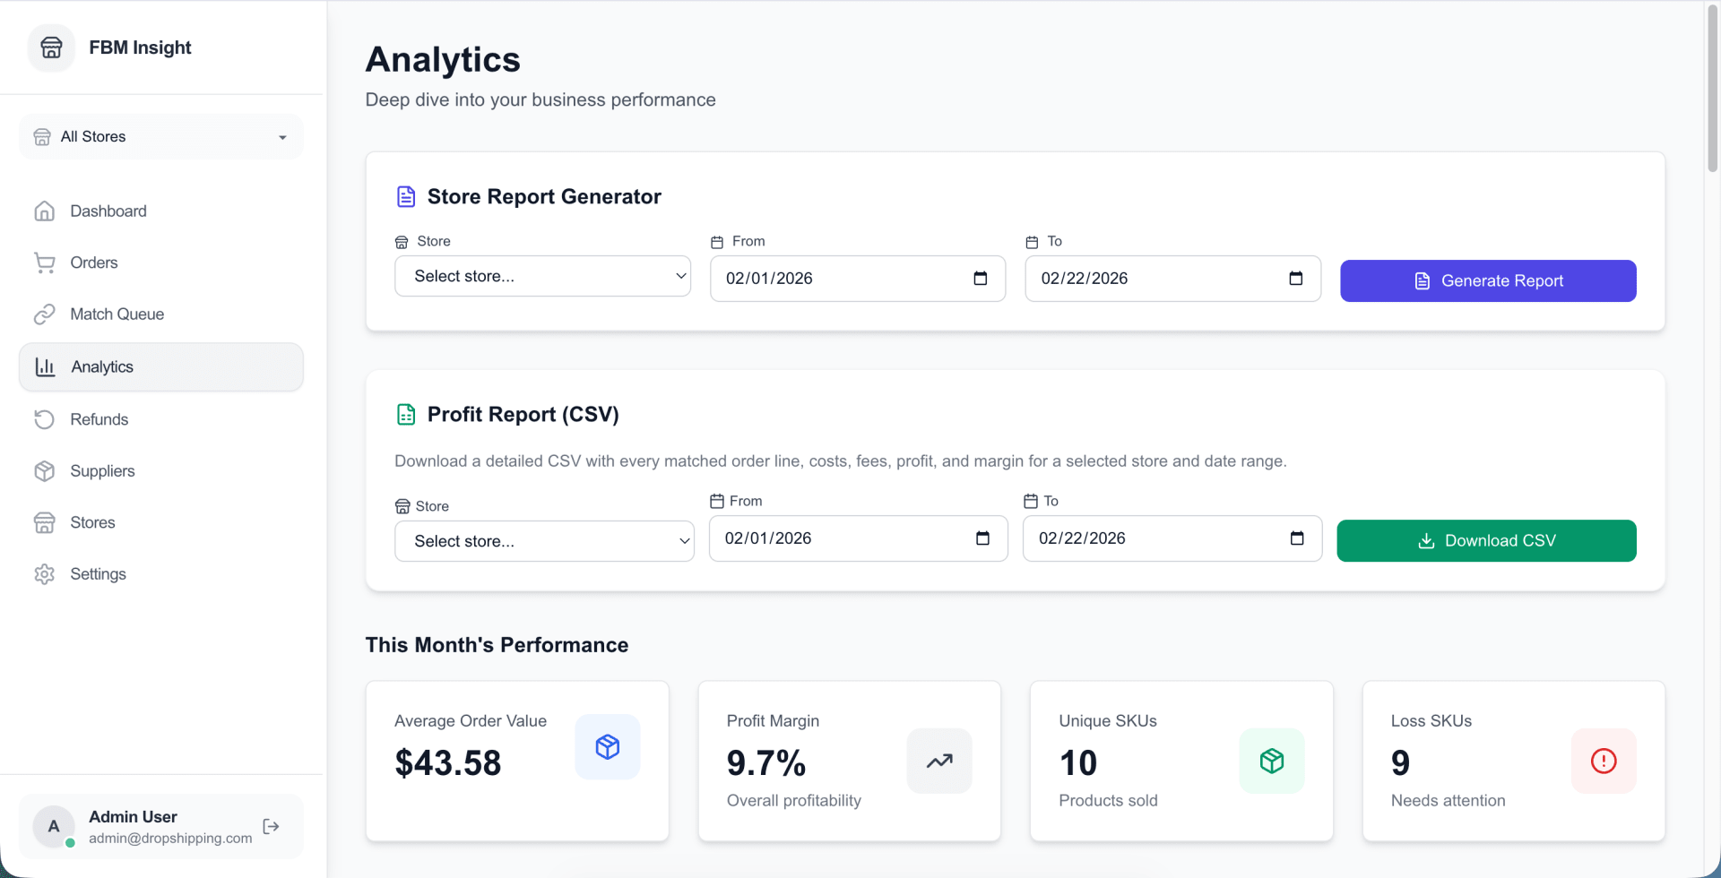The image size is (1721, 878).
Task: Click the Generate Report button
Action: pos(1488,280)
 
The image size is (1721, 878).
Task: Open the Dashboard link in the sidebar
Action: pos(108,211)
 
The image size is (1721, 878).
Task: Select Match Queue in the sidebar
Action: pos(117,314)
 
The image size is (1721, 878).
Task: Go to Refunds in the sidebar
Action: pos(99,419)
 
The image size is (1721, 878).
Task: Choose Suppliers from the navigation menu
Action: pos(102,471)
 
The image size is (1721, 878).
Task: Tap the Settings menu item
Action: pos(98,574)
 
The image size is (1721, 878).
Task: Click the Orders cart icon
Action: pos(45,263)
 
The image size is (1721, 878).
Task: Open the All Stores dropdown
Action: pos(161,137)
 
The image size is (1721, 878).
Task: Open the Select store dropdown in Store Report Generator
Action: pos(542,276)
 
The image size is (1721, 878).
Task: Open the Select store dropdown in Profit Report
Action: pos(544,541)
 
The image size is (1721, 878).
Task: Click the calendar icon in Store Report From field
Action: pos(981,279)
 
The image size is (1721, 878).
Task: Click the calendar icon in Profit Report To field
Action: pos(1297,538)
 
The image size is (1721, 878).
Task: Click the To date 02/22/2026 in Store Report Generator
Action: pos(1085,279)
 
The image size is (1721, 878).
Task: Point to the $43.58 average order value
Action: pos(448,763)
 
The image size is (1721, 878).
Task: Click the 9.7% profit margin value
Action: pos(766,763)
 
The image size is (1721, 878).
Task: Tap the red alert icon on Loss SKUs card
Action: pos(1604,761)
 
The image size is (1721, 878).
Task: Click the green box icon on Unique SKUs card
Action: pos(1272,761)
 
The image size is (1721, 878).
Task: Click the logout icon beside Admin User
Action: pos(272,826)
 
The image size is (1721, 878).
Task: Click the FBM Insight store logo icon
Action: pos(52,47)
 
